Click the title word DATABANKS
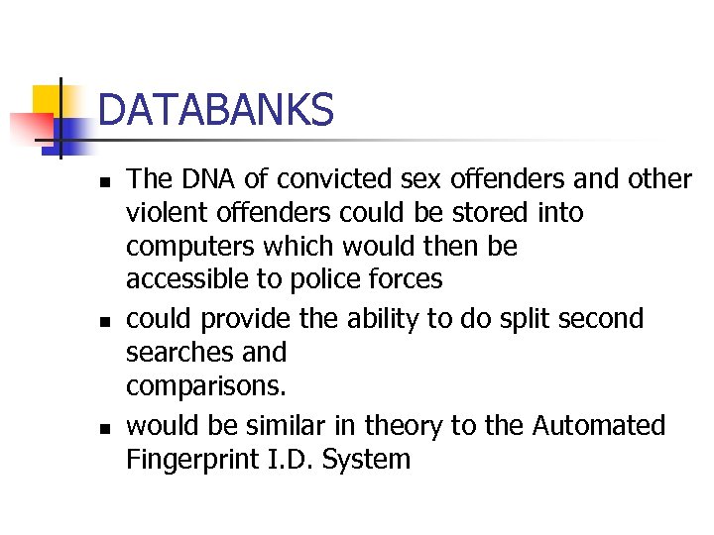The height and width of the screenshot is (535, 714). click(x=216, y=109)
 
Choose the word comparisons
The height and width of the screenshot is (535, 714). click(x=193, y=386)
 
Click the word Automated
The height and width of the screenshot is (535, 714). click(x=599, y=426)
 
